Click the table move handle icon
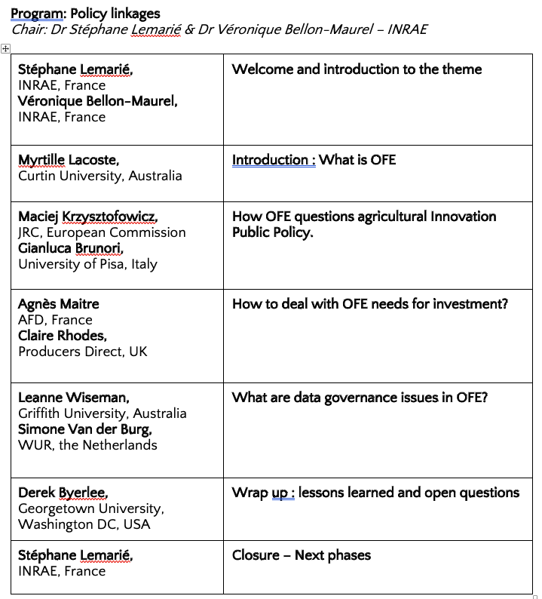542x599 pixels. tap(5, 48)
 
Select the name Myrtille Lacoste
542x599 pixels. tap(69, 160)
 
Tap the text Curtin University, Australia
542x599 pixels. tap(100, 176)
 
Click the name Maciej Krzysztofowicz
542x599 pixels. tap(87, 217)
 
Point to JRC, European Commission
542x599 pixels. tap(102, 232)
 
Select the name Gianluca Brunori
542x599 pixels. tap(71, 248)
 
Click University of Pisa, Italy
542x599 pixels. tap(87, 264)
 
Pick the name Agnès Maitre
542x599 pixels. tap(59, 304)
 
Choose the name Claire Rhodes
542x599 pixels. tap(63, 336)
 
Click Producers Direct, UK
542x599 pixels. tap(83, 352)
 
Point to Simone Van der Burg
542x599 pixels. tap(85, 429)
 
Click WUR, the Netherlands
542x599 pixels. tap(87, 445)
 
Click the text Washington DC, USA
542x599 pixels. tap(84, 524)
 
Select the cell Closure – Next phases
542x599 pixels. tap(302, 556)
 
